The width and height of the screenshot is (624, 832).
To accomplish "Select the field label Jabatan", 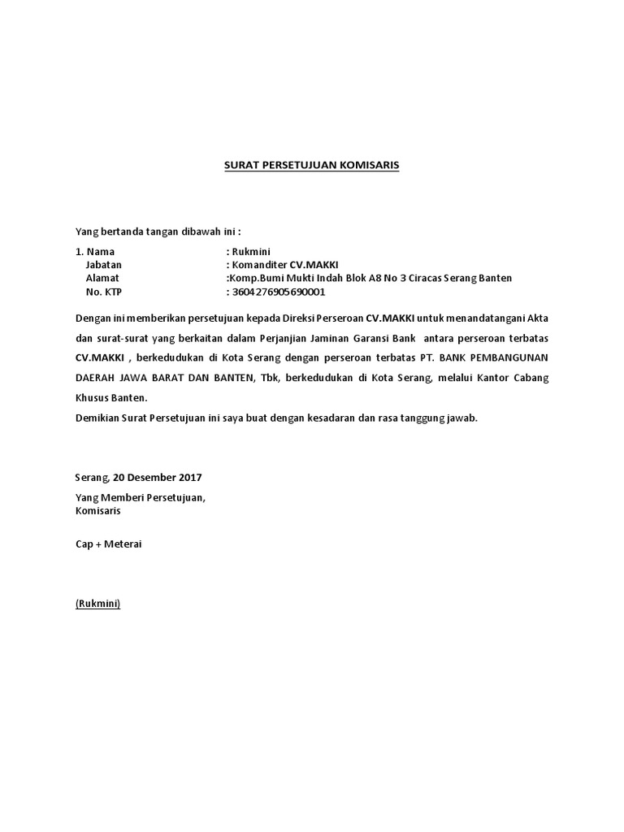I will coord(103,265).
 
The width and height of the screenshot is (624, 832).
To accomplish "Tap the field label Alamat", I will coord(102,278).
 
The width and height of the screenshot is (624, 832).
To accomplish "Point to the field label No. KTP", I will coord(103,292).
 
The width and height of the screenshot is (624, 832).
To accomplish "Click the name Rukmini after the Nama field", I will coord(253,252).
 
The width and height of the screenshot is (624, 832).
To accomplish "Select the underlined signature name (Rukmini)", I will coord(97,604).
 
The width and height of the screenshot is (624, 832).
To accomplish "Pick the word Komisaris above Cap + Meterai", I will coord(97,511).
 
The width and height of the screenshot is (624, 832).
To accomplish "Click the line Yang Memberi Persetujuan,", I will coord(140,497).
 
